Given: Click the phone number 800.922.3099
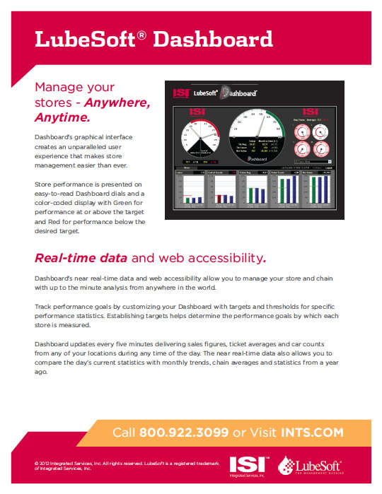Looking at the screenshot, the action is (x=184, y=432).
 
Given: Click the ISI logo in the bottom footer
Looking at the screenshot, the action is (x=253, y=466).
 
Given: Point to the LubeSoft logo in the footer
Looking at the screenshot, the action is (x=311, y=466).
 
